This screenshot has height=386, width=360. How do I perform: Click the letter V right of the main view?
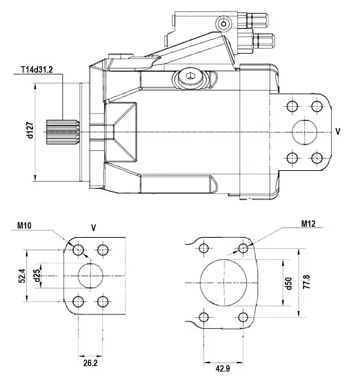pyautogui.click(x=337, y=130)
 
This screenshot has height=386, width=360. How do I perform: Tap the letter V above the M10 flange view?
pyautogui.click(x=93, y=226)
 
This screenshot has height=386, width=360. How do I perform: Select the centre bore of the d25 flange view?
pyautogui.click(x=90, y=275)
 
